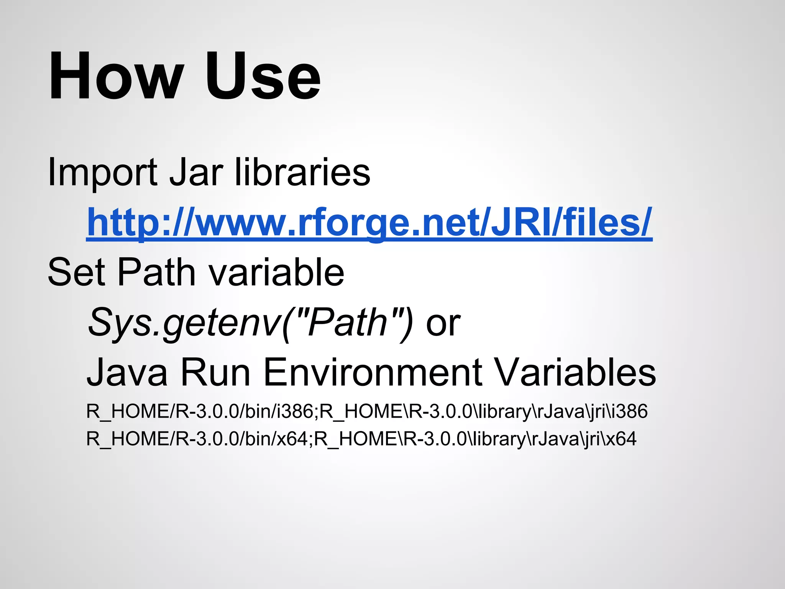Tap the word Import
tap(102, 173)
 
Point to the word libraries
tap(302, 173)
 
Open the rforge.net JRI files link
tap(369, 222)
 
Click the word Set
tap(76, 272)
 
